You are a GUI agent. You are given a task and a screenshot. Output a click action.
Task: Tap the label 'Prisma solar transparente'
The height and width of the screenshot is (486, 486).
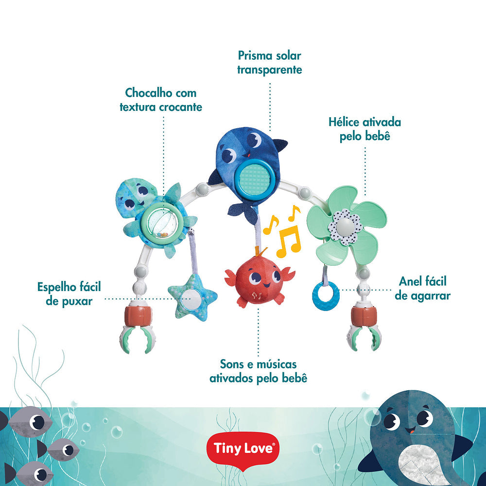pos(269,63)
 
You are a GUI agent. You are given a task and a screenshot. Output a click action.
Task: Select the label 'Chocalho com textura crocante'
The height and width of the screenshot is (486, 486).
pos(161,100)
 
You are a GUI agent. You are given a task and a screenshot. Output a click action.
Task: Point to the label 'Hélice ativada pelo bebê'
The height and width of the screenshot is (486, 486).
pos(364,129)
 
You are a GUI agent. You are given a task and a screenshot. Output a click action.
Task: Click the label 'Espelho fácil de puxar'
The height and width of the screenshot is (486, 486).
pos(69,294)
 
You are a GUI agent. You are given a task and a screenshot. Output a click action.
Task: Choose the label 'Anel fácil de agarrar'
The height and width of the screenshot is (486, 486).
pos(422,288)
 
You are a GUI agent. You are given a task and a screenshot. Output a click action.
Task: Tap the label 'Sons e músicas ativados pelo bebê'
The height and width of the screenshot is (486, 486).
pos(258,371)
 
